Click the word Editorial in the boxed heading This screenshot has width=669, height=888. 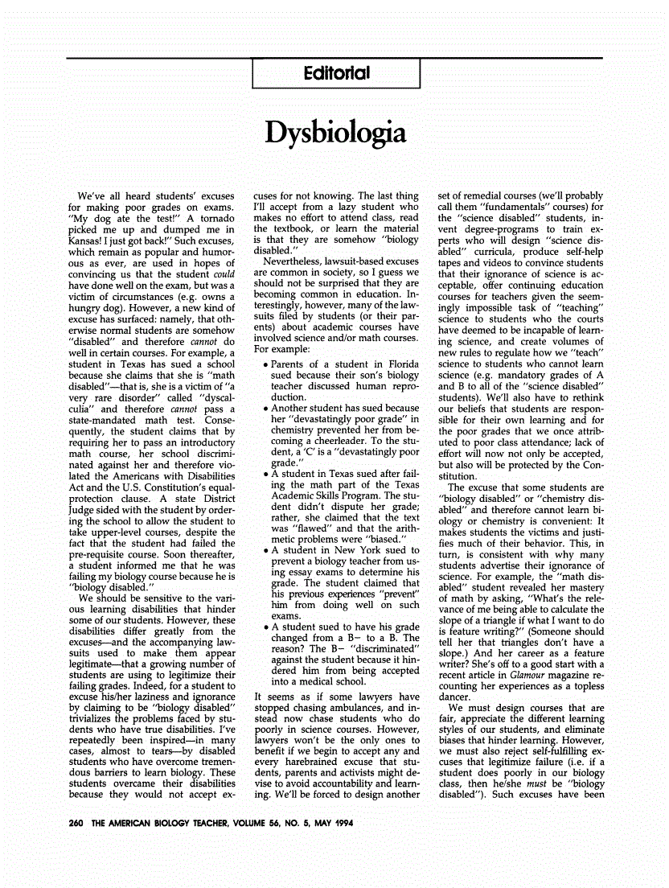(x=337, y=73)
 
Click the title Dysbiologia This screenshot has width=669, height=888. (x=334, y=132)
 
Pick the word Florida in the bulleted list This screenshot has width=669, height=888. (x=400, y=364)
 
